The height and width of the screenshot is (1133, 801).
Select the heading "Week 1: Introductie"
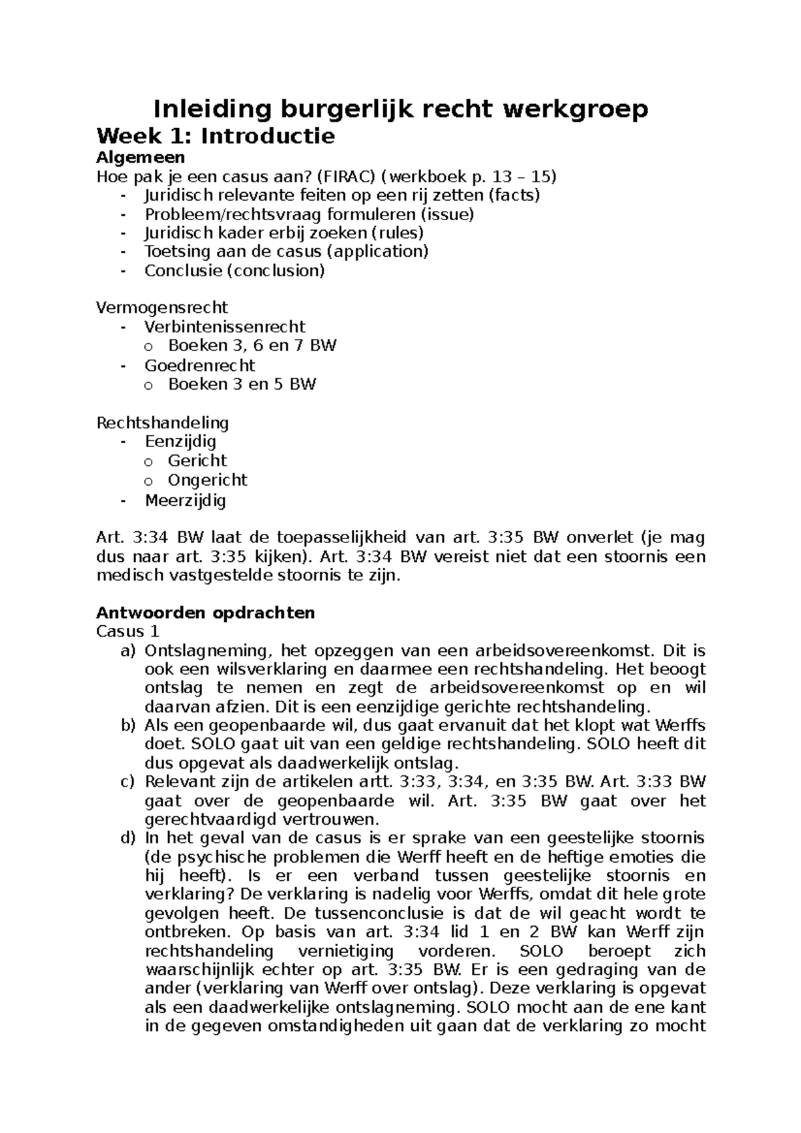[x=215, y=137]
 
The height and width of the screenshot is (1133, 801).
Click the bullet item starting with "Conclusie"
[x=234, y=270]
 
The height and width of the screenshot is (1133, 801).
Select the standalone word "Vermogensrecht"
[x=162, y=308]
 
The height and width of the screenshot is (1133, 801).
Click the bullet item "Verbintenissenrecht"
[x=224, y=327]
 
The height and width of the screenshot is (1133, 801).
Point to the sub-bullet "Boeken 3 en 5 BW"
[x=242, y=384]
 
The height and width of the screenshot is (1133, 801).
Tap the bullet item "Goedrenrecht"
[x=200, y=366]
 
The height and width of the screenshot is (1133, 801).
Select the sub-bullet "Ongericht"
[x=207, y=480]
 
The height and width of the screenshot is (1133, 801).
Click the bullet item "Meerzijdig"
[x=185, y=500]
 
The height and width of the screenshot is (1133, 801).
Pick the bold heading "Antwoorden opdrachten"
[x=206, y=613]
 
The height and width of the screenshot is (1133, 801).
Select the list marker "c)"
[x=128, y=781]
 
